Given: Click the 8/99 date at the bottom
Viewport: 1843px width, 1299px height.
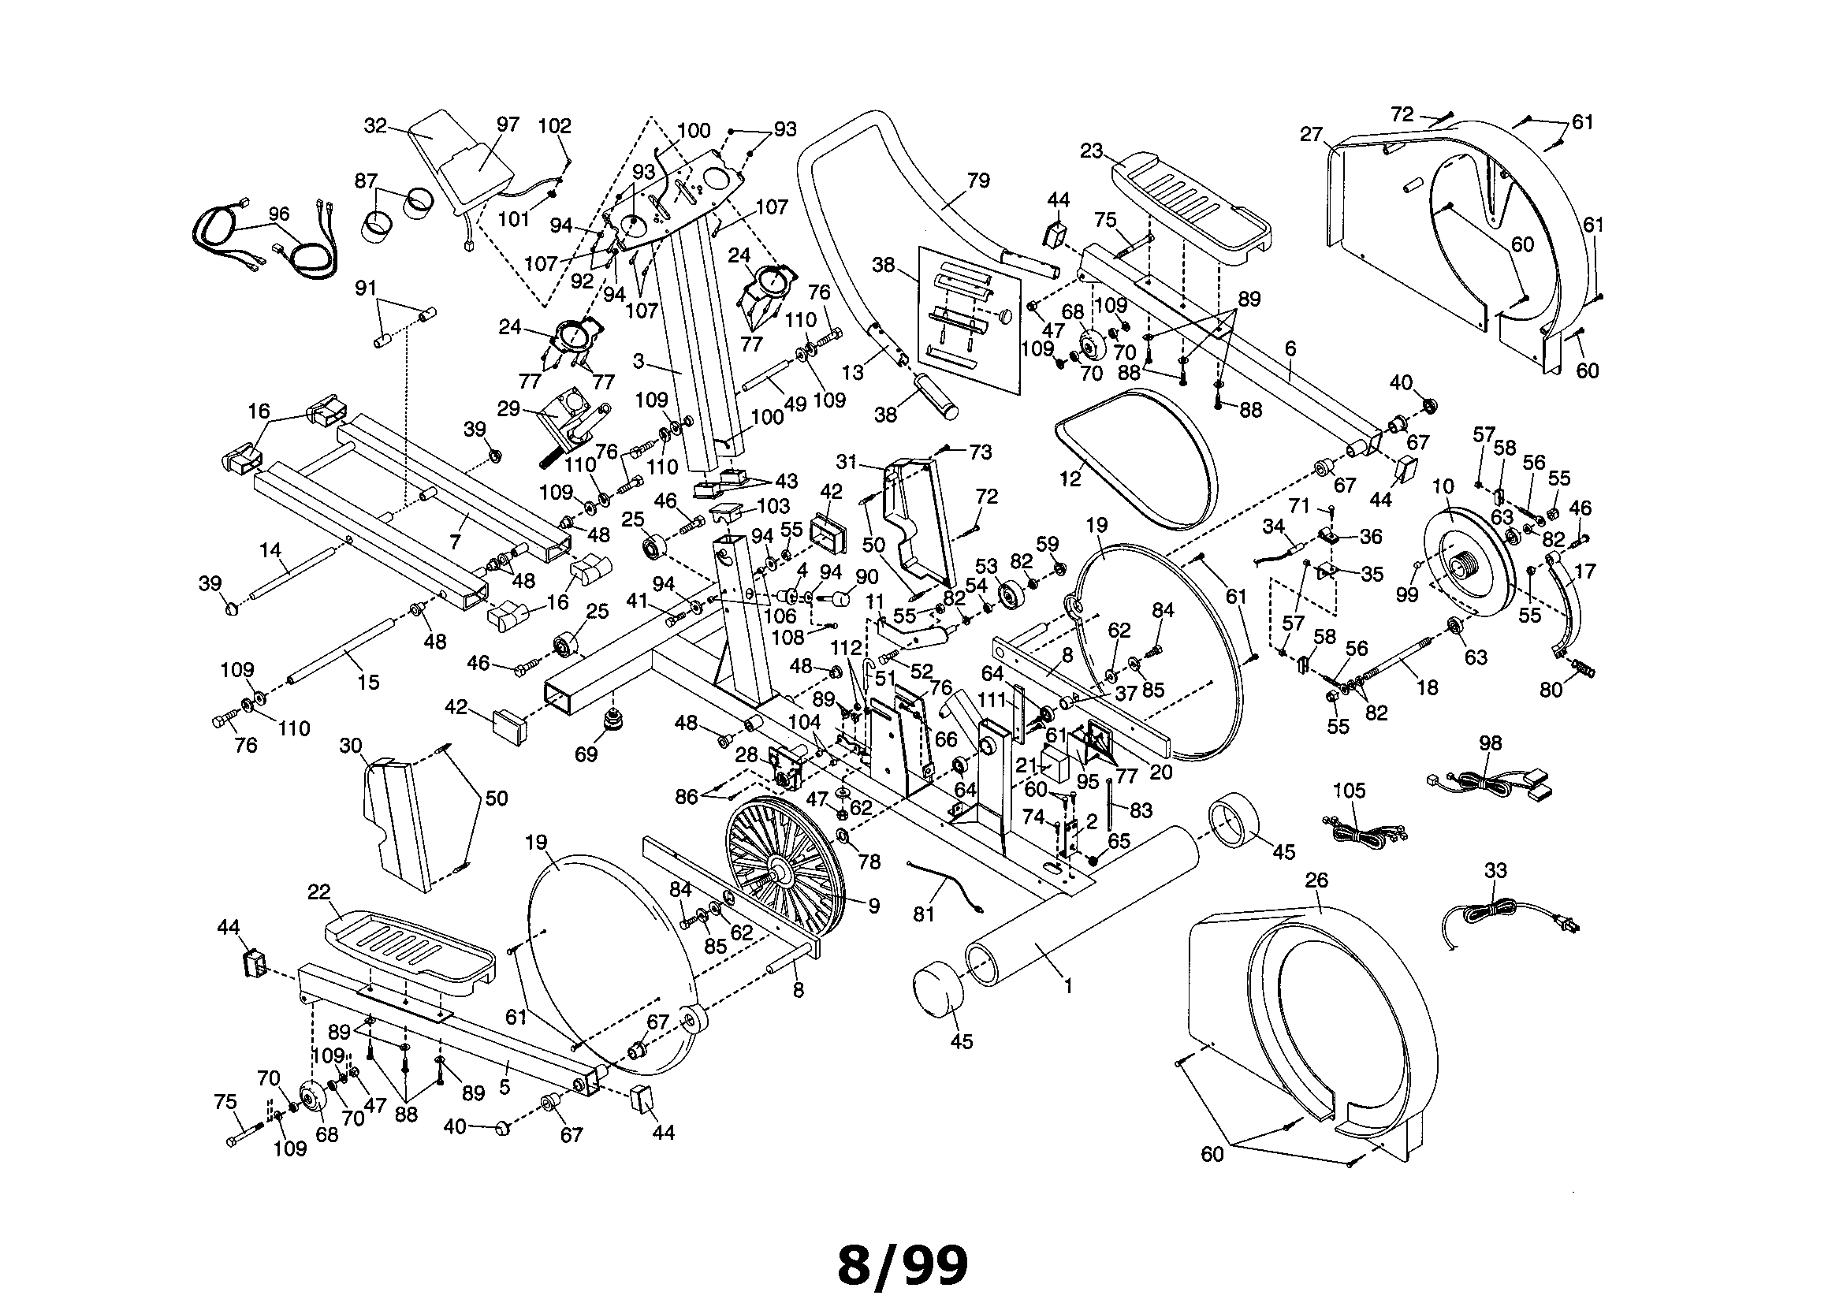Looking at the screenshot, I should (903, 1265).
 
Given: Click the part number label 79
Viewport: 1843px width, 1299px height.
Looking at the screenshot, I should (978, 181).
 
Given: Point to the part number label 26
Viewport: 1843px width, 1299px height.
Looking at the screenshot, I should (1316, 880).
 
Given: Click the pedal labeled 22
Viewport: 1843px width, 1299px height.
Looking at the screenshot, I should (409, 948).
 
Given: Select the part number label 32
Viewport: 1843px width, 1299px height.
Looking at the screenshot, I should (375, 126).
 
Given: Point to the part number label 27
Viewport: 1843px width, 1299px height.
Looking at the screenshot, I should (1311, 135).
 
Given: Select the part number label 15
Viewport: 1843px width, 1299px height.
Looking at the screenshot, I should (367, 682).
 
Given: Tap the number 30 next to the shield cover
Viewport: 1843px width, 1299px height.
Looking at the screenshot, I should (351, 746).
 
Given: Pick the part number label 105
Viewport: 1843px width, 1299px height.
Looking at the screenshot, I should (1349, 791).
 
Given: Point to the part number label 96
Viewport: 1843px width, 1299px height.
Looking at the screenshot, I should (278, 214).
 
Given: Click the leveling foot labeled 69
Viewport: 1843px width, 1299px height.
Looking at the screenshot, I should (616, 720).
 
